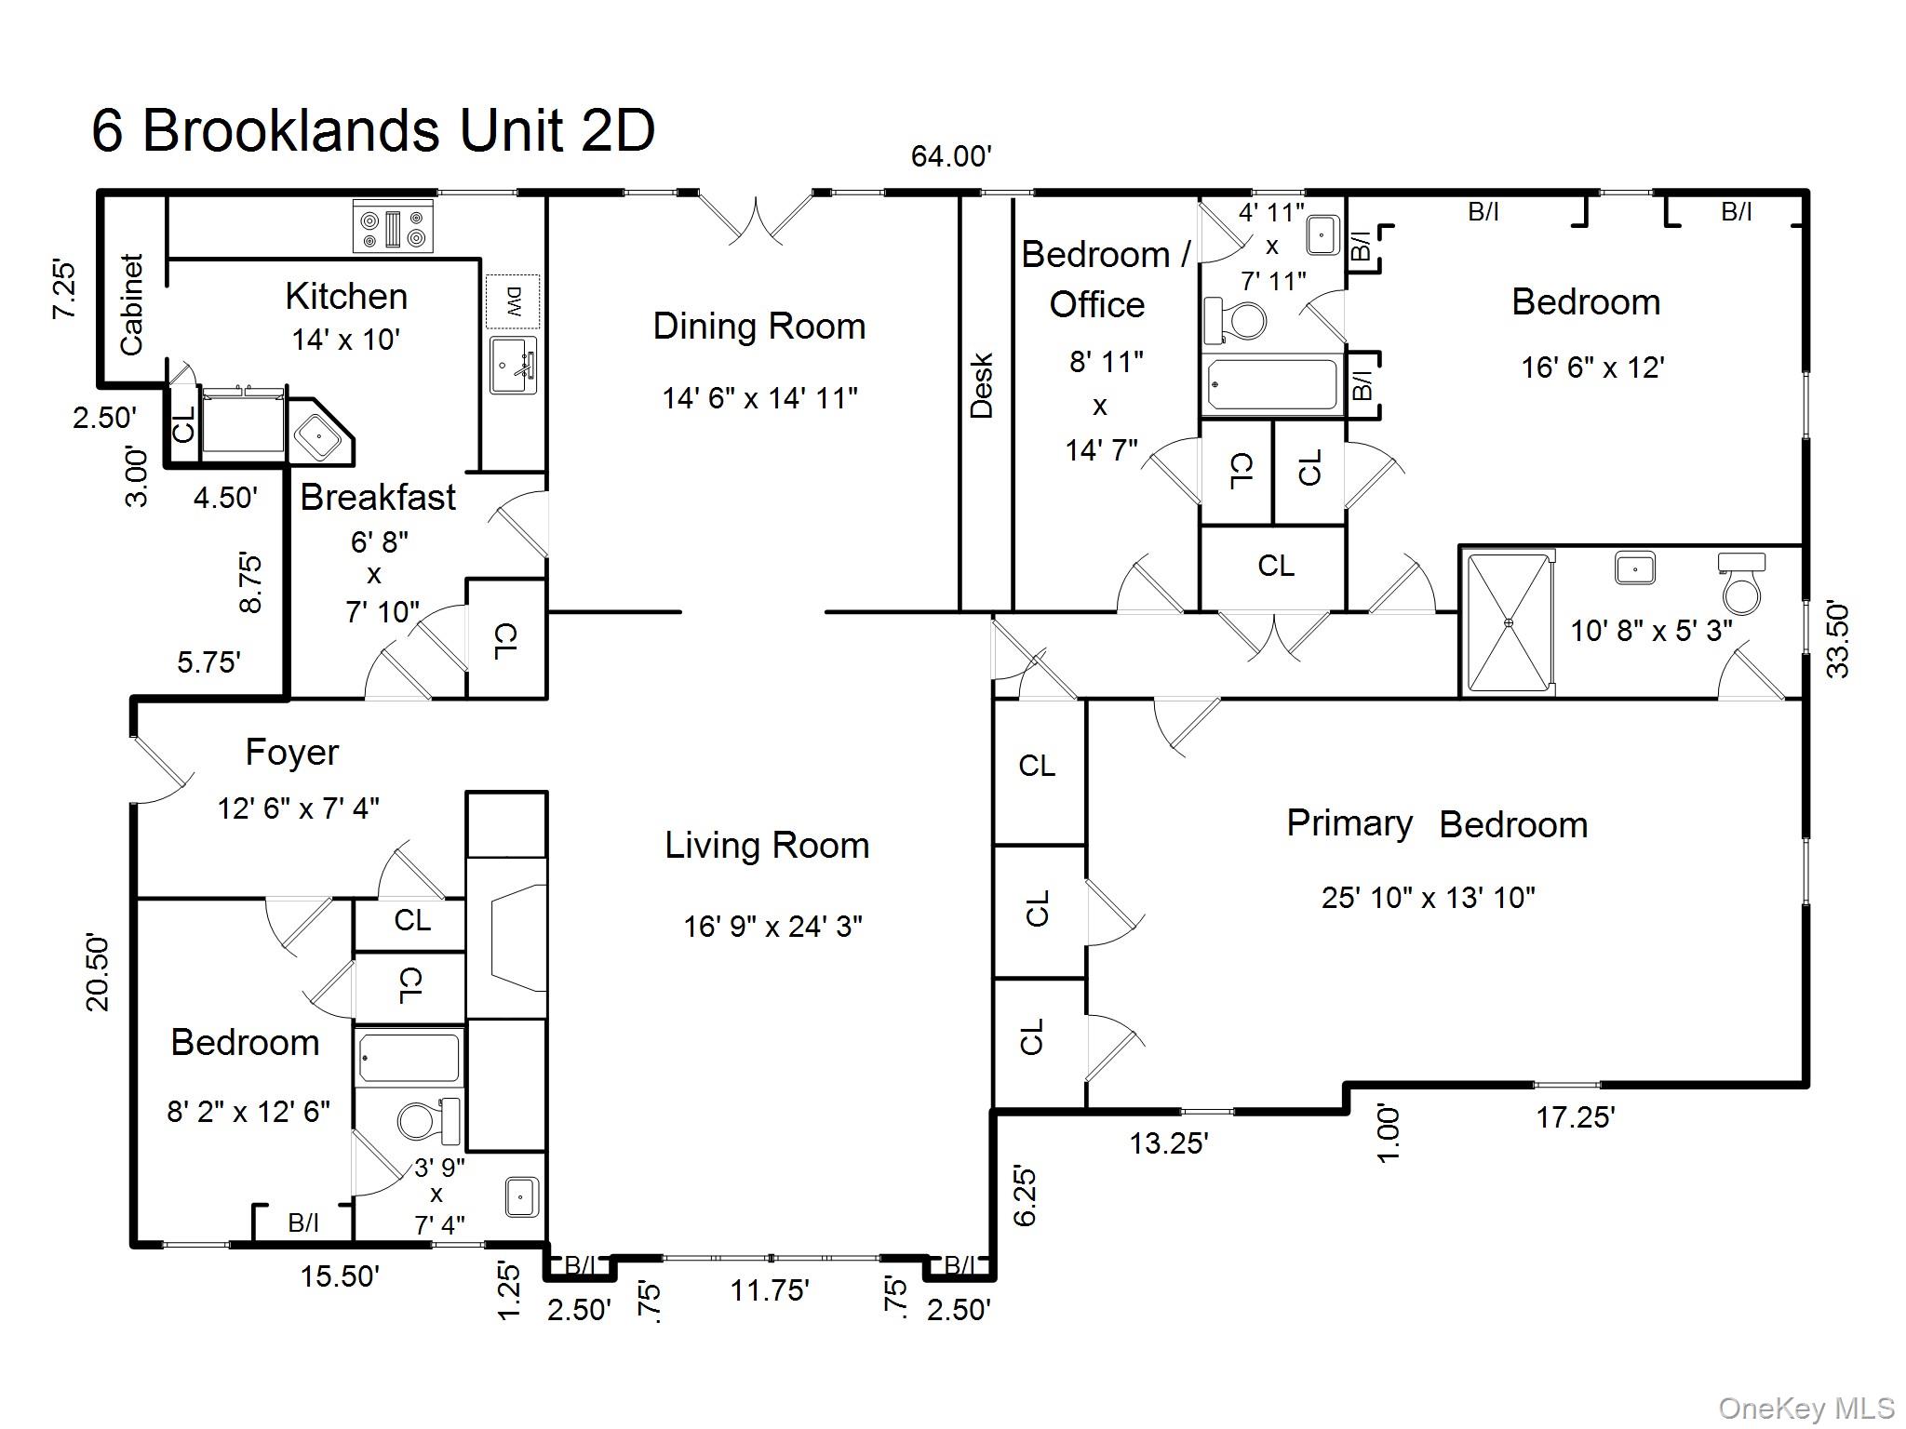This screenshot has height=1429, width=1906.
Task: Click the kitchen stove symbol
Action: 393,226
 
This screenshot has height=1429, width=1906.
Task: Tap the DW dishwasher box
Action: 513,301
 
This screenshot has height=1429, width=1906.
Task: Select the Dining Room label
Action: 758,327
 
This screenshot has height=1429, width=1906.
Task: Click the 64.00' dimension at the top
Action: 950,156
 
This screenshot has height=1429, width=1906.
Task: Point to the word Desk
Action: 983,386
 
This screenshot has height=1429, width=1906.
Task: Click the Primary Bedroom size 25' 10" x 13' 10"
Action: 1428,898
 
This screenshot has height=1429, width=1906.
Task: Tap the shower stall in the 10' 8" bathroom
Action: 1509,621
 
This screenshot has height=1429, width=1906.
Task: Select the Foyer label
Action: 291,752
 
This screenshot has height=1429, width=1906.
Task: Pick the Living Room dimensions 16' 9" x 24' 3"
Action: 772,927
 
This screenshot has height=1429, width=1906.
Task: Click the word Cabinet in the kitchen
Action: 132,304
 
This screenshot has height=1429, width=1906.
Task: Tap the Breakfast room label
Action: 377,497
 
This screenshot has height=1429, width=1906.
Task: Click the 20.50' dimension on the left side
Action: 98,972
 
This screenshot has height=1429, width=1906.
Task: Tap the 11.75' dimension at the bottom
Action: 769,1290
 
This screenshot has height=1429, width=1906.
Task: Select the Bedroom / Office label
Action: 1103,279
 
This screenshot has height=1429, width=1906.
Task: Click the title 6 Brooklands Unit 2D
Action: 373,130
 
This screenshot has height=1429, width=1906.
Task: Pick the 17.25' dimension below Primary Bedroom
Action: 1575,1117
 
